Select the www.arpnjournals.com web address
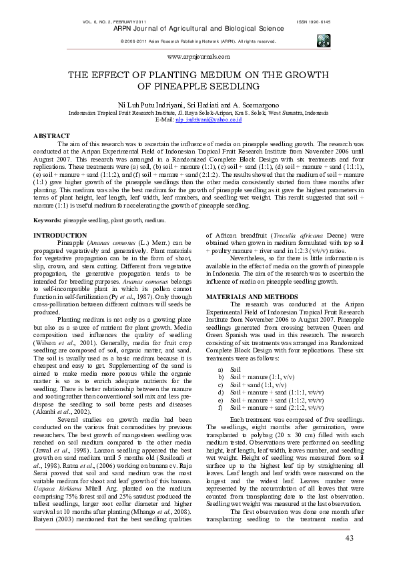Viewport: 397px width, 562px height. (198, 59)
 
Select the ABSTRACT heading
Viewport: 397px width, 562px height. (51, 135)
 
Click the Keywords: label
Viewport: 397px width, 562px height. (47, 220)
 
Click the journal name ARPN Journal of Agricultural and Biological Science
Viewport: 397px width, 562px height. (197, 29)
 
